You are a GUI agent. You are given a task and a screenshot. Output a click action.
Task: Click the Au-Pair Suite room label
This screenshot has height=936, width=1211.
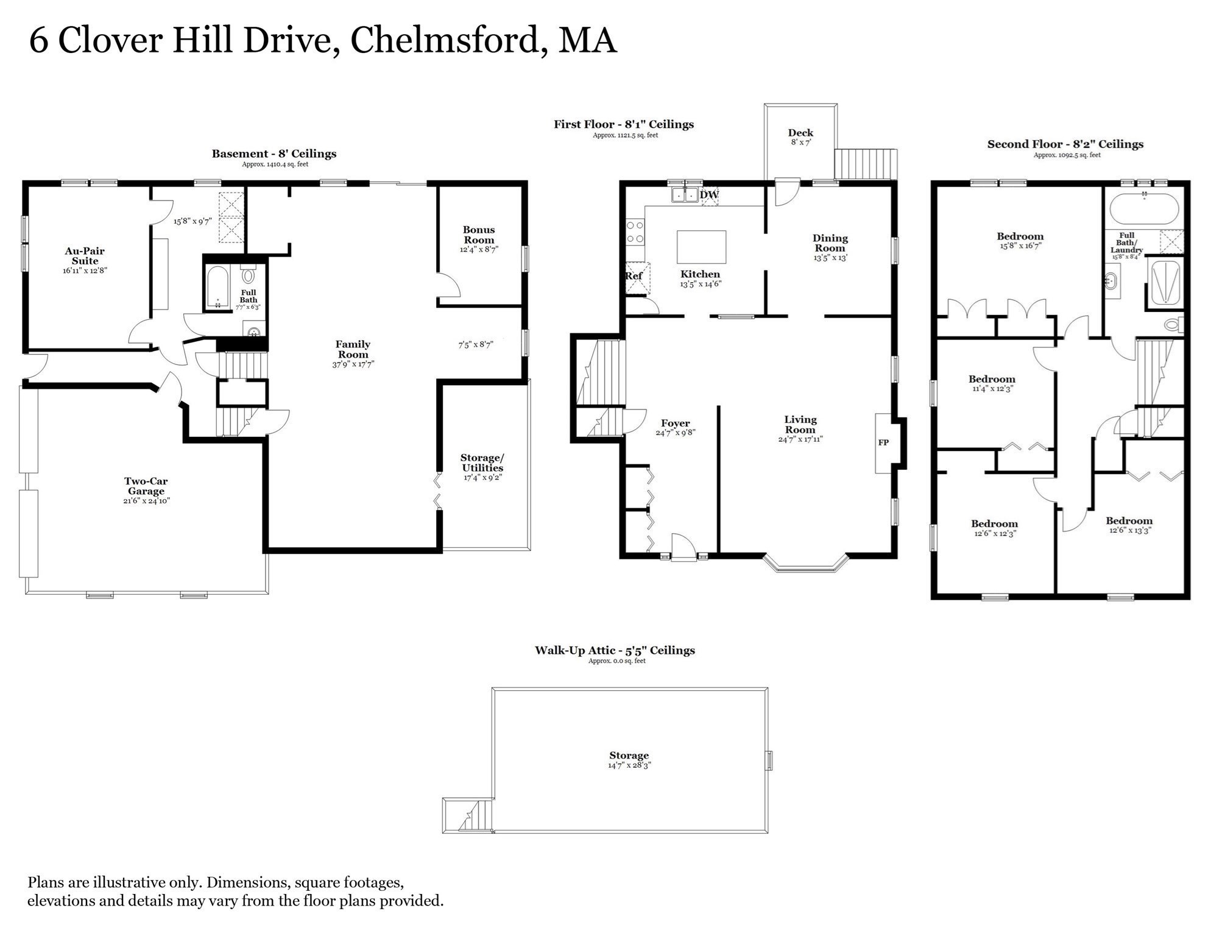pos(85,256)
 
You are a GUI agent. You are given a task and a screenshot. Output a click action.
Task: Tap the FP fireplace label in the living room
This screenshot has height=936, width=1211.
pos(883,442)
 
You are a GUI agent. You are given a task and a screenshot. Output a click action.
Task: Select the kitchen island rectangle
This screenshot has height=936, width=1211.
pos(701,247)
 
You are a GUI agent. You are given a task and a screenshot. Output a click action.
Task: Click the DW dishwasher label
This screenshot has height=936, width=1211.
pos(710,195)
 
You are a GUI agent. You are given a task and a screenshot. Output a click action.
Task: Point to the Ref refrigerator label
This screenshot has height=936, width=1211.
pos(634,276)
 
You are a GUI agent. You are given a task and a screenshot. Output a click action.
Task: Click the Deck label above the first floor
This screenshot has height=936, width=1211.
pos(800,133)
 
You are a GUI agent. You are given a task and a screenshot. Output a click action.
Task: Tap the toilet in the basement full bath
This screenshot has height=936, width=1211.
pos(248,275)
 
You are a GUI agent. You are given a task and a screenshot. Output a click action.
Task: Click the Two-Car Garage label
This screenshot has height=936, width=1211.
pos(146,486)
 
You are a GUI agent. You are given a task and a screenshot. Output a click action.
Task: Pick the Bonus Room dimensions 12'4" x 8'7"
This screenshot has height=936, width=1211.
pos(479,249)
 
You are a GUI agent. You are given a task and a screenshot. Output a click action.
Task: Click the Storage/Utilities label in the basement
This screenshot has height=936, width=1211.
pos(482,463)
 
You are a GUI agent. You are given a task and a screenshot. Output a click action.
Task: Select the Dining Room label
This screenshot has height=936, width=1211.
pos(830,243)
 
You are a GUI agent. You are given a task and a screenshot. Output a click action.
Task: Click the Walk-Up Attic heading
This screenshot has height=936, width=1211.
pos(615,650)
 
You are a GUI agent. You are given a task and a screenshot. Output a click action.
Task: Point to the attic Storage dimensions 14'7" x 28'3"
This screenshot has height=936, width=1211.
pos(629,765)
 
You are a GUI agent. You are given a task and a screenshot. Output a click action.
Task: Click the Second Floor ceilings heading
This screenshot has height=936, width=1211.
pos(1065,144)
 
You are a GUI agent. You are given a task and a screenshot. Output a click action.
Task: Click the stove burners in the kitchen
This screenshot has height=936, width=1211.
pos(635,232)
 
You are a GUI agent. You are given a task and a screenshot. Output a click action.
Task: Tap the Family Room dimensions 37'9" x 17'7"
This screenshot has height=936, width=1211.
pos(353,364)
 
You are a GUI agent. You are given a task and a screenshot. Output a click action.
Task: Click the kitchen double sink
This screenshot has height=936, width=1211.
pos(685,195)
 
